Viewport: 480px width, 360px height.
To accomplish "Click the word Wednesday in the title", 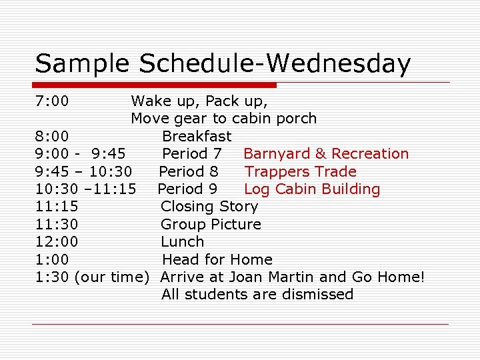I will click(x=338, y=64).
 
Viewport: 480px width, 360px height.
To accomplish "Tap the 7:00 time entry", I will click(x=52, y=101).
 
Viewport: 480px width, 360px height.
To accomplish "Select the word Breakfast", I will click(x=197, y=137).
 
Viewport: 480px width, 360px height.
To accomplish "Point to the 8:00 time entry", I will click(x=52, y=137).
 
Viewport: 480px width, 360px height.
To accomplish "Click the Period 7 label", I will click(x=192, y=154).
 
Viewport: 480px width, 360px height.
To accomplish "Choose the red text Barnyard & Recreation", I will click(x=326, y=154).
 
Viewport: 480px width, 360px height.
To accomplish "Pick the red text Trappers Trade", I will click(x=301, y=171).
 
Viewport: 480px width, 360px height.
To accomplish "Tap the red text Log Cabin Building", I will click(x=312, y=189).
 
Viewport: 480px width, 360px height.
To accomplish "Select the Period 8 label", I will click(x=189, y=171).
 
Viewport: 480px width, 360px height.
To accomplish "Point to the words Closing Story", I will click(x=209, y=207).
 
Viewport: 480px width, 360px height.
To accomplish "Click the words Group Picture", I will click(x=211, y=225).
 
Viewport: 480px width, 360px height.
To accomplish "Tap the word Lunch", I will click(x=183, y=242).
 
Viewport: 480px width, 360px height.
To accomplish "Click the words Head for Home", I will click(x=217, y=259).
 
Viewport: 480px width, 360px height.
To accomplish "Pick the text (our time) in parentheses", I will click(x=111, y=277).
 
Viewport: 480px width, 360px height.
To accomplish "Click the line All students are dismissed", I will click(x=257, y=295).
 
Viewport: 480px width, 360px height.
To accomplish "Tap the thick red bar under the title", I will click(x=155, y=85).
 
